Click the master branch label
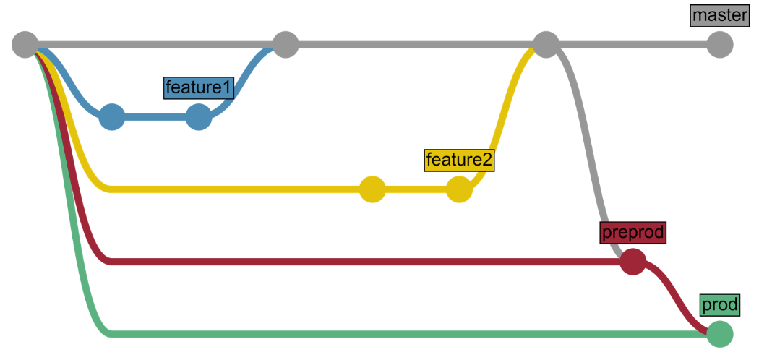point(719,15)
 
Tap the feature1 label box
point(199,87)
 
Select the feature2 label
point(459,160)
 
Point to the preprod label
point(632,233)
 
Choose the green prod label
point(719,305)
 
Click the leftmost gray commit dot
point(25,45)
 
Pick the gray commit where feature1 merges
point(286,45)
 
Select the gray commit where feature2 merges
point(546,45)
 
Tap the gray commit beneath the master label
point(719,45)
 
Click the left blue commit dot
point(112,116)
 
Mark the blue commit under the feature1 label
point(199,116)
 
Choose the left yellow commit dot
point(372,189)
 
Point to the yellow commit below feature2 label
point(459,189)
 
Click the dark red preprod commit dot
point(632,262)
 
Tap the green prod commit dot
point(719,334)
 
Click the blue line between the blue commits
point(155,116)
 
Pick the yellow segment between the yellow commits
point(416,189)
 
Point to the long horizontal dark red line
point(361,261)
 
